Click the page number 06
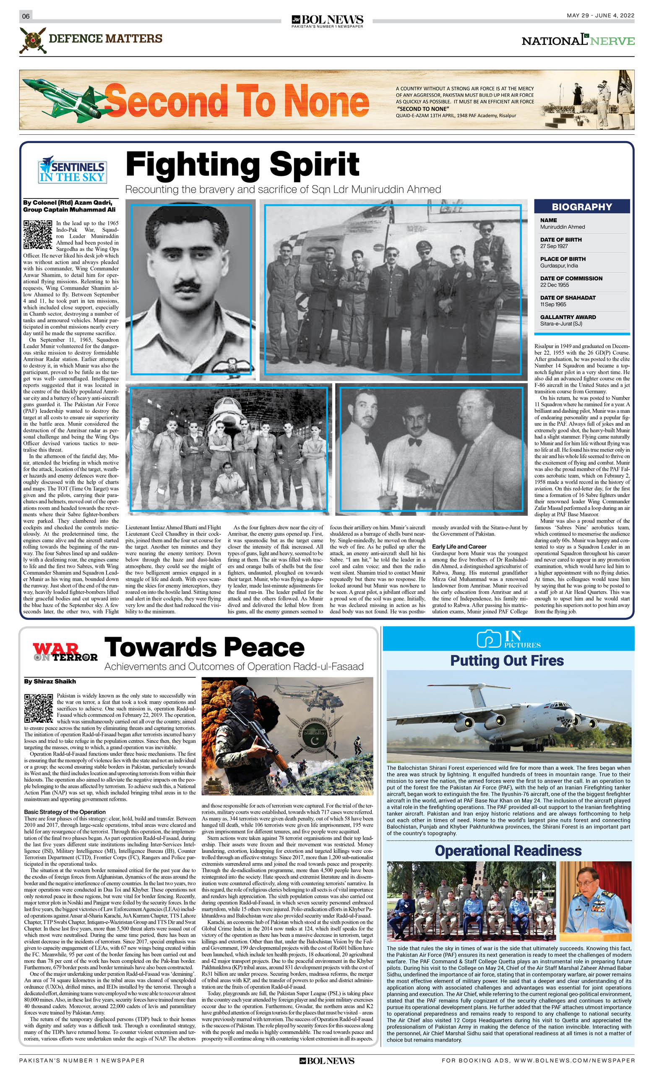click(x=26, y=16)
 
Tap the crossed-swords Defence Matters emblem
click(x=33, y=40)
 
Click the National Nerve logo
click(x=578, y=40)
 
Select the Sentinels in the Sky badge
click(x=72, y=171)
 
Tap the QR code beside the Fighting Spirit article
click(x=38, y=235)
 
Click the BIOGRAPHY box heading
click(x=582, y=206)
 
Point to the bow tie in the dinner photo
click(x=415, y=442)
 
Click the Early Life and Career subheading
click(x=459, y=546)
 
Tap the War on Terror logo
click(x=65, y=652)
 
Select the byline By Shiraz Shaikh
click(x=50, y=681)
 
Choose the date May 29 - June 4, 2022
click(x=600, y=15)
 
